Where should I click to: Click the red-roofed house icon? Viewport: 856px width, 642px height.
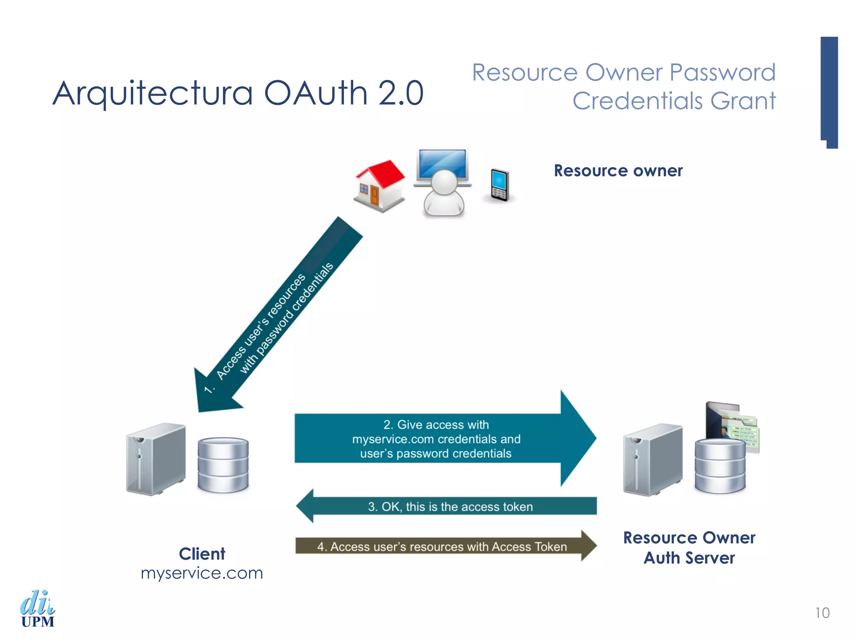pos(380,186)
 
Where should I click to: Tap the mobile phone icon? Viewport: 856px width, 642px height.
pos(499,185)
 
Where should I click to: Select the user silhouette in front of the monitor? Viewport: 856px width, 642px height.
pos(443,194)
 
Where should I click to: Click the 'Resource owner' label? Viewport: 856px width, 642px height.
pos(618,171)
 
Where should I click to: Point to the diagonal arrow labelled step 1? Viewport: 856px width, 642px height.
pos(276,318)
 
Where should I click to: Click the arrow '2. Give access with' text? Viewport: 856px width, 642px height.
pos(436,425)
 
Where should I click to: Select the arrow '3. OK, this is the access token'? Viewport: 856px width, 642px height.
pos(447,507)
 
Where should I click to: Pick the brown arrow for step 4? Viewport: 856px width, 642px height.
pos(443,546)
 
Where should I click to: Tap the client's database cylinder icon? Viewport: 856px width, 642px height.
pos(223,465)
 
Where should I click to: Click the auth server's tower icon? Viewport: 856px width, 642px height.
pos(652,460)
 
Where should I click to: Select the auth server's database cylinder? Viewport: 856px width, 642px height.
pos(720,466)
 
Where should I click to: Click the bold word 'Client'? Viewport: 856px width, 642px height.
pos(202,554)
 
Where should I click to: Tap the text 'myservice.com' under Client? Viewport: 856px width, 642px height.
pos(202,573)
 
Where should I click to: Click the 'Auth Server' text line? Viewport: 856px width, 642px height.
pos(689,558)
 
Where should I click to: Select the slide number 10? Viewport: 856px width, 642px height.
pos(822,613)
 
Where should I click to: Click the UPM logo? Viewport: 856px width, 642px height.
pos(38,609)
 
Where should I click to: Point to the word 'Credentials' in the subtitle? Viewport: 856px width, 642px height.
pos(637,101)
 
